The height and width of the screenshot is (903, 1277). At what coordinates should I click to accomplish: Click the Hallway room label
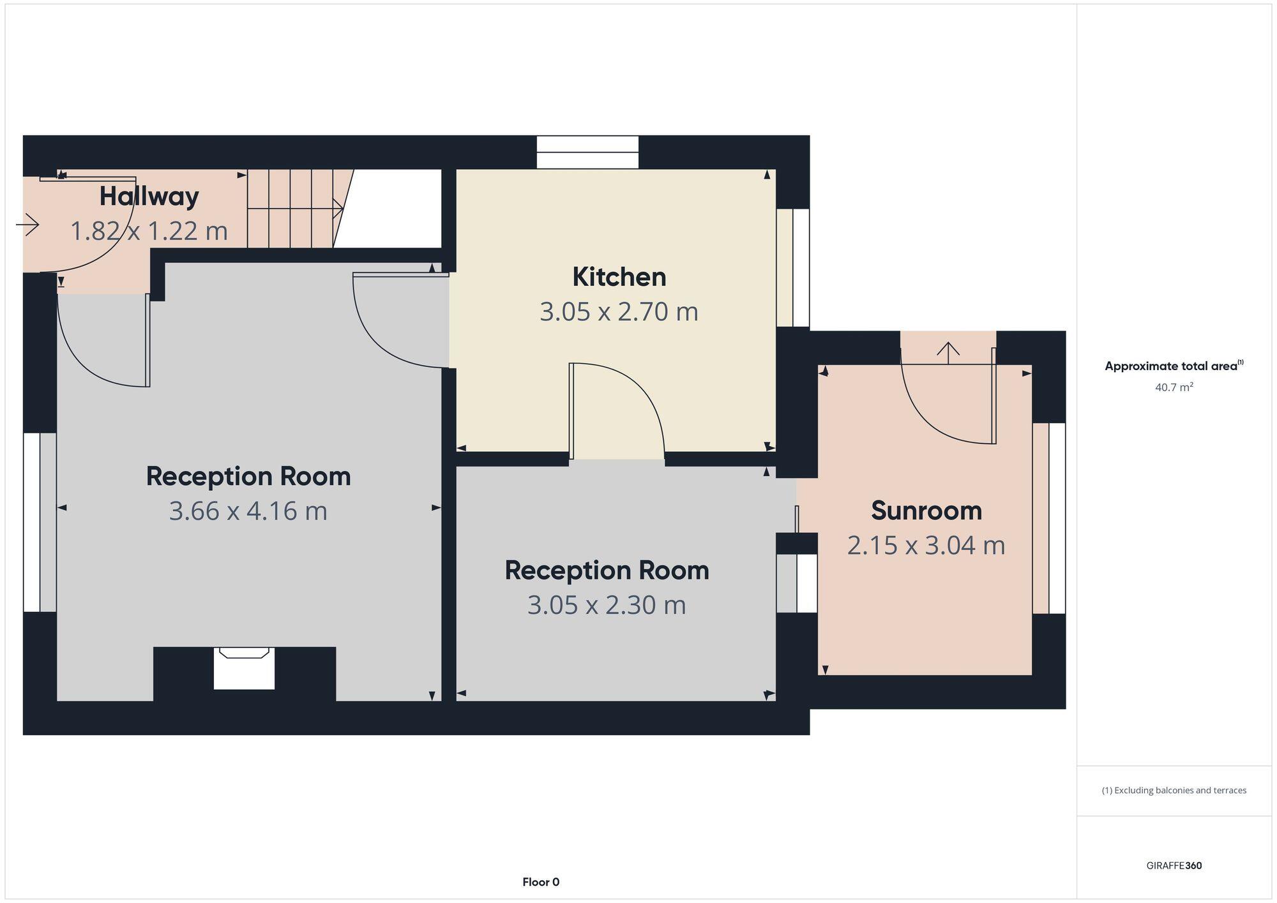click(x=149, y=196)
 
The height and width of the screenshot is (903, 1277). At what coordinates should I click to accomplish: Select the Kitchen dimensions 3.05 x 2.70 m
click(x=619, y=311)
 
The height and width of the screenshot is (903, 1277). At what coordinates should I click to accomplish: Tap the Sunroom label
click(x=926, y=511)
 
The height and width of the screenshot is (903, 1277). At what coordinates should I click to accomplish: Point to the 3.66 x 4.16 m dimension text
click(x=248, y=511)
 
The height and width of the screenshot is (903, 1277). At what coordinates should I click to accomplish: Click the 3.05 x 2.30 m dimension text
click(x=607, y=605)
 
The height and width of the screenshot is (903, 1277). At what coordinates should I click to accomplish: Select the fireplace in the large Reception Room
click(x=244, y=668)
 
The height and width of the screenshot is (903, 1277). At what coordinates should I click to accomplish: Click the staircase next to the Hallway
click(x=294, y=209)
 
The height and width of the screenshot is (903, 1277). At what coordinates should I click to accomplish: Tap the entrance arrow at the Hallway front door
click(x=27, y=225)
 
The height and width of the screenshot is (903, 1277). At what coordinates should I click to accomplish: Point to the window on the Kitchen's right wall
click(x=794, y=268)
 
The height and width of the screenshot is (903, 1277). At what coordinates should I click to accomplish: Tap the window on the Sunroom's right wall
click(x=1050, y=518)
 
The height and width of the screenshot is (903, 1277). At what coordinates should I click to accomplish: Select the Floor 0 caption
click(x=541, y=882)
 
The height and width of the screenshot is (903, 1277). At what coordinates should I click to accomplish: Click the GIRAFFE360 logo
click(x=1174, y=866)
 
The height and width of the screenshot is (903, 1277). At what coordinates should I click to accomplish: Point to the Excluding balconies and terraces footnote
click(x=1174, y=790)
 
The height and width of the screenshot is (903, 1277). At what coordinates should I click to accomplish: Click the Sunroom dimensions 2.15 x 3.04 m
click(x=926, y=546)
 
